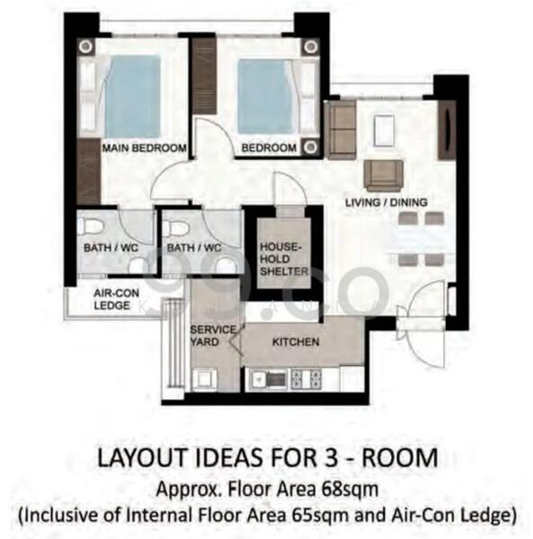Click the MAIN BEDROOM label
tap(144, 147)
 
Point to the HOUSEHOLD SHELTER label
tap(284, 259)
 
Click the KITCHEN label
tap(296, 342)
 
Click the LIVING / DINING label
tap(386, 202)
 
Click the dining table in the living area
tap(421, 239)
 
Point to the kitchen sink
tap(268, 378)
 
